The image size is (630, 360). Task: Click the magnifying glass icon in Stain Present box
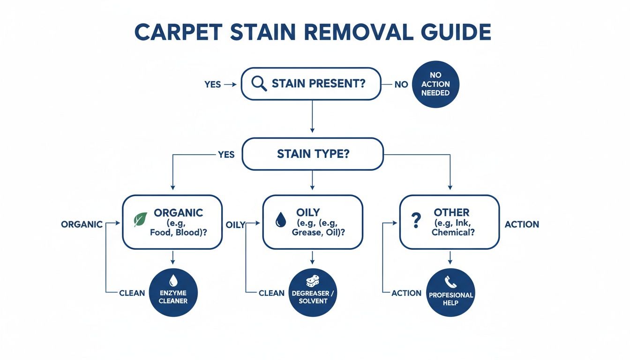pos(259,83)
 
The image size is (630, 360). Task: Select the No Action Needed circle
pos(435,84)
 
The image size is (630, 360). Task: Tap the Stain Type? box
pos(313,154)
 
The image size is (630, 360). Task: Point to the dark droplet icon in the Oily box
pos(280,219)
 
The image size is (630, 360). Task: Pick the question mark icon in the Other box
pos(416,220)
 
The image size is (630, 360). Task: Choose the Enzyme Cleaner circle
pos(173,292)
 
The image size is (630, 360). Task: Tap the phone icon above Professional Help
pos(450,281)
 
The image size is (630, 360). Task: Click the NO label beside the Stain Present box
pos(401,84)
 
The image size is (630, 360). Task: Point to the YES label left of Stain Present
pos(212,84)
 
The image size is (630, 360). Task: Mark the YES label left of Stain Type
pos(226,154)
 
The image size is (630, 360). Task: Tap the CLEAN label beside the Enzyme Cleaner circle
pos(132,293)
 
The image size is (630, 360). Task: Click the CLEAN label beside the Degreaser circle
pos(271,293)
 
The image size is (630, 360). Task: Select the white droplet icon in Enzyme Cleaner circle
pos(173,280)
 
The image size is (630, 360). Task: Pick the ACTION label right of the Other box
pos(522,225)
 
